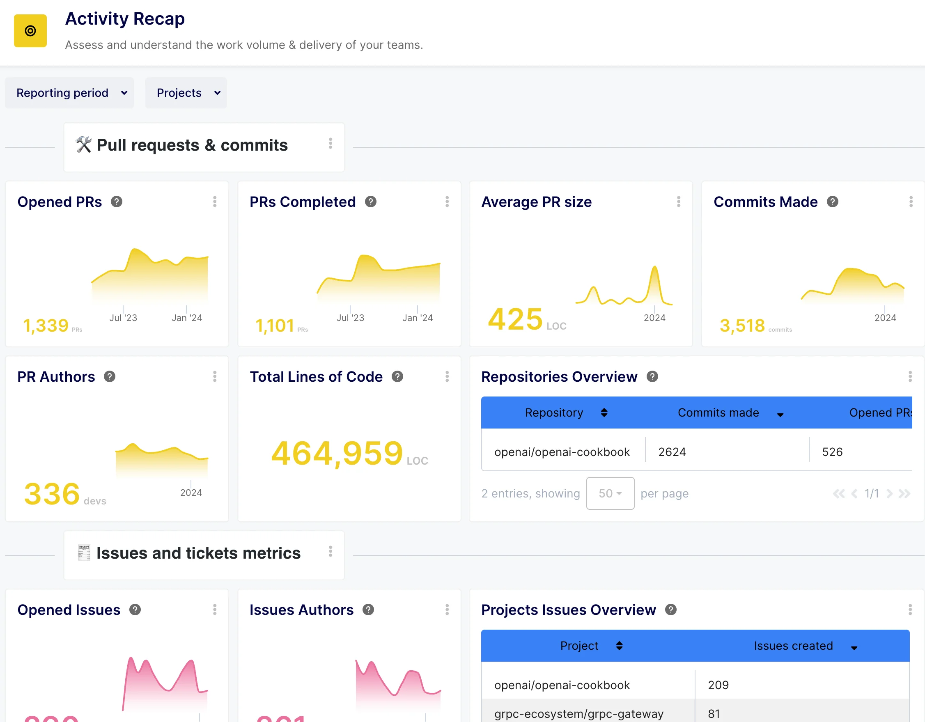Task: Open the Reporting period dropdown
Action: (69, 93)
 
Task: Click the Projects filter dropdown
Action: (186, 93)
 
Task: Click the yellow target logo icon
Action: (30, 31)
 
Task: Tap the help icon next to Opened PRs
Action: (117, 202)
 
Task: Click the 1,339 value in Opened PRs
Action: (46, 325)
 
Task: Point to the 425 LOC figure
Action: (515, 319)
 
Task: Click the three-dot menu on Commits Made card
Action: (911, 202)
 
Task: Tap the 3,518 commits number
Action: (742, 325)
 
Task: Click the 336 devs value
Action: (52, 494)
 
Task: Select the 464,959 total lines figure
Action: (337, 453)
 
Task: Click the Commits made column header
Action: (718, 413)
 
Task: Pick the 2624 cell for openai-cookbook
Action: (672, 452)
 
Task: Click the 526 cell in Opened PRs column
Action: (832, 452)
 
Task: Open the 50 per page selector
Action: (610, 493)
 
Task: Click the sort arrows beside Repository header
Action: (604, 413)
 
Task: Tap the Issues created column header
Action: (793, 646)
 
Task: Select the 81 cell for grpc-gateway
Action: (714, 713)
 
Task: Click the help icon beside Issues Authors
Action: (368, 610)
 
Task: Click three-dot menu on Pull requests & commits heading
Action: (331, 144)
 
